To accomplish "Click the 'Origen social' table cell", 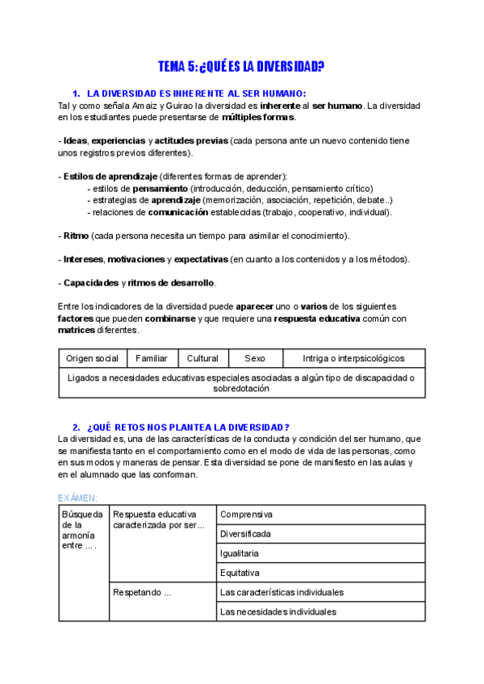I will [92, 358].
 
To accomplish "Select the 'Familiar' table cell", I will [152, 358].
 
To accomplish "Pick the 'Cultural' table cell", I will [202, 358].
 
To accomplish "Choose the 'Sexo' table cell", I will [254, 358].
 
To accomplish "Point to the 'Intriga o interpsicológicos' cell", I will [353, 358].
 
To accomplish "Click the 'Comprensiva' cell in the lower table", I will [247, 514].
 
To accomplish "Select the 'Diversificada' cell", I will [246, 534].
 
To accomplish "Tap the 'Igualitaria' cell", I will [240, 553].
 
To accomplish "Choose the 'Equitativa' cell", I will [240, 573].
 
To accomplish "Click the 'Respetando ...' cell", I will [143, 592].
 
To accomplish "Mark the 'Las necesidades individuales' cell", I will [278, 611].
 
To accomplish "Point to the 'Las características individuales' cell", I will [282, 592].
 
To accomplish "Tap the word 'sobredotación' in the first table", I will [241, 388].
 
